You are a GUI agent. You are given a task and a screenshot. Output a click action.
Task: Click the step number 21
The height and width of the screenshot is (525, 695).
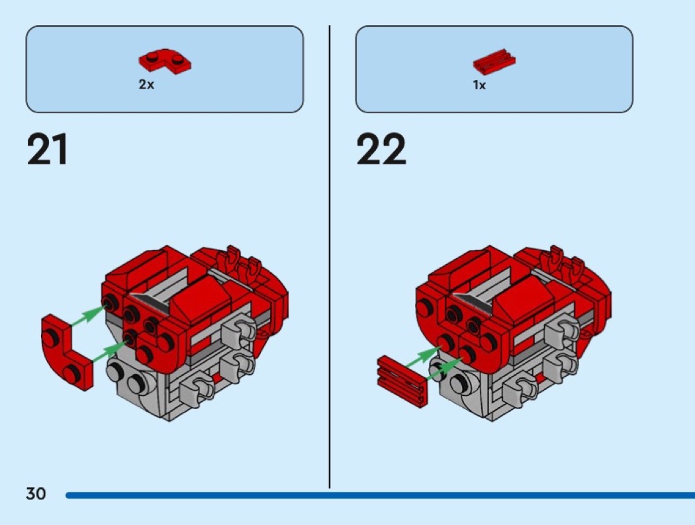point(47,149)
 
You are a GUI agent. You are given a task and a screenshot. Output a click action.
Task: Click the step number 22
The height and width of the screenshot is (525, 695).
point(381,149)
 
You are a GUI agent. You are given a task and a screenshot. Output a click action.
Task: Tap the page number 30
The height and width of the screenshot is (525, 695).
point(36,493)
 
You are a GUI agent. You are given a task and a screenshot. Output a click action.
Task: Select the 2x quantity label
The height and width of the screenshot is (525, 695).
point(146,84)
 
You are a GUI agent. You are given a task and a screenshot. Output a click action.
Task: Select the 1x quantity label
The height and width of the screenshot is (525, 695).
point(479,85)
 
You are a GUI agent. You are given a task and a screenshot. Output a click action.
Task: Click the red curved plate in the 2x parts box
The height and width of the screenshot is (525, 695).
point(165,61)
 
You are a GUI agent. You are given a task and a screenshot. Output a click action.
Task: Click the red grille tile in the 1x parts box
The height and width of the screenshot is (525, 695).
point(494,61)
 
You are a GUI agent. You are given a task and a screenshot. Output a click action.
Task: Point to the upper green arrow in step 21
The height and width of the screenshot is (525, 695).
point(88,316)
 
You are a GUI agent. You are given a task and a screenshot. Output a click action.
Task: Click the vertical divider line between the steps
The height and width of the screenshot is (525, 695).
point(330,256)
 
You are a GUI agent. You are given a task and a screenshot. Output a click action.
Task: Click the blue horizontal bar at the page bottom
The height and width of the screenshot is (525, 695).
point(381,495)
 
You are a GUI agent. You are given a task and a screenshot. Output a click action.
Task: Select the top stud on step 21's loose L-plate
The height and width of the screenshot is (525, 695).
point(50,338)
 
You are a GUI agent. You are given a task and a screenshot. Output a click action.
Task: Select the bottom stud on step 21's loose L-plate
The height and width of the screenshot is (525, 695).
point(71,373)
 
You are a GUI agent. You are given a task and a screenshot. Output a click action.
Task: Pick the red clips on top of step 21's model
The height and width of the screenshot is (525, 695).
point(242,265)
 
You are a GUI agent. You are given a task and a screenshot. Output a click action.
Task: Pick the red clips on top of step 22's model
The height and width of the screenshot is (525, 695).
point(565,265)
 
